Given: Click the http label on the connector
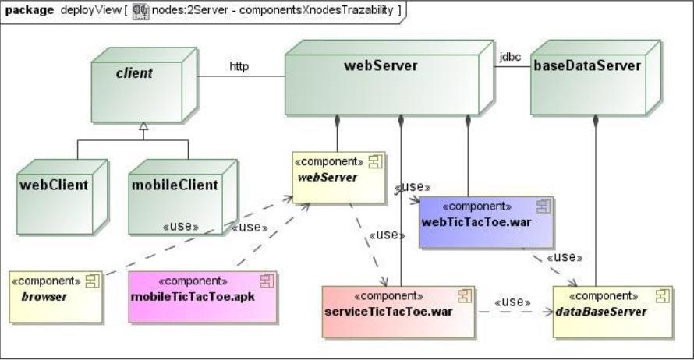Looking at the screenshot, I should coord(239,66).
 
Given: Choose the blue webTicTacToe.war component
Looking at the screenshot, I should coord(484,221).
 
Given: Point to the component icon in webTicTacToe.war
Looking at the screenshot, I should coord(543,206).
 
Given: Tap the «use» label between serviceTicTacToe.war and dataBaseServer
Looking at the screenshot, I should coord(512,302).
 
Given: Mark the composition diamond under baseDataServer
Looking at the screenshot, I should coord(596,120).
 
